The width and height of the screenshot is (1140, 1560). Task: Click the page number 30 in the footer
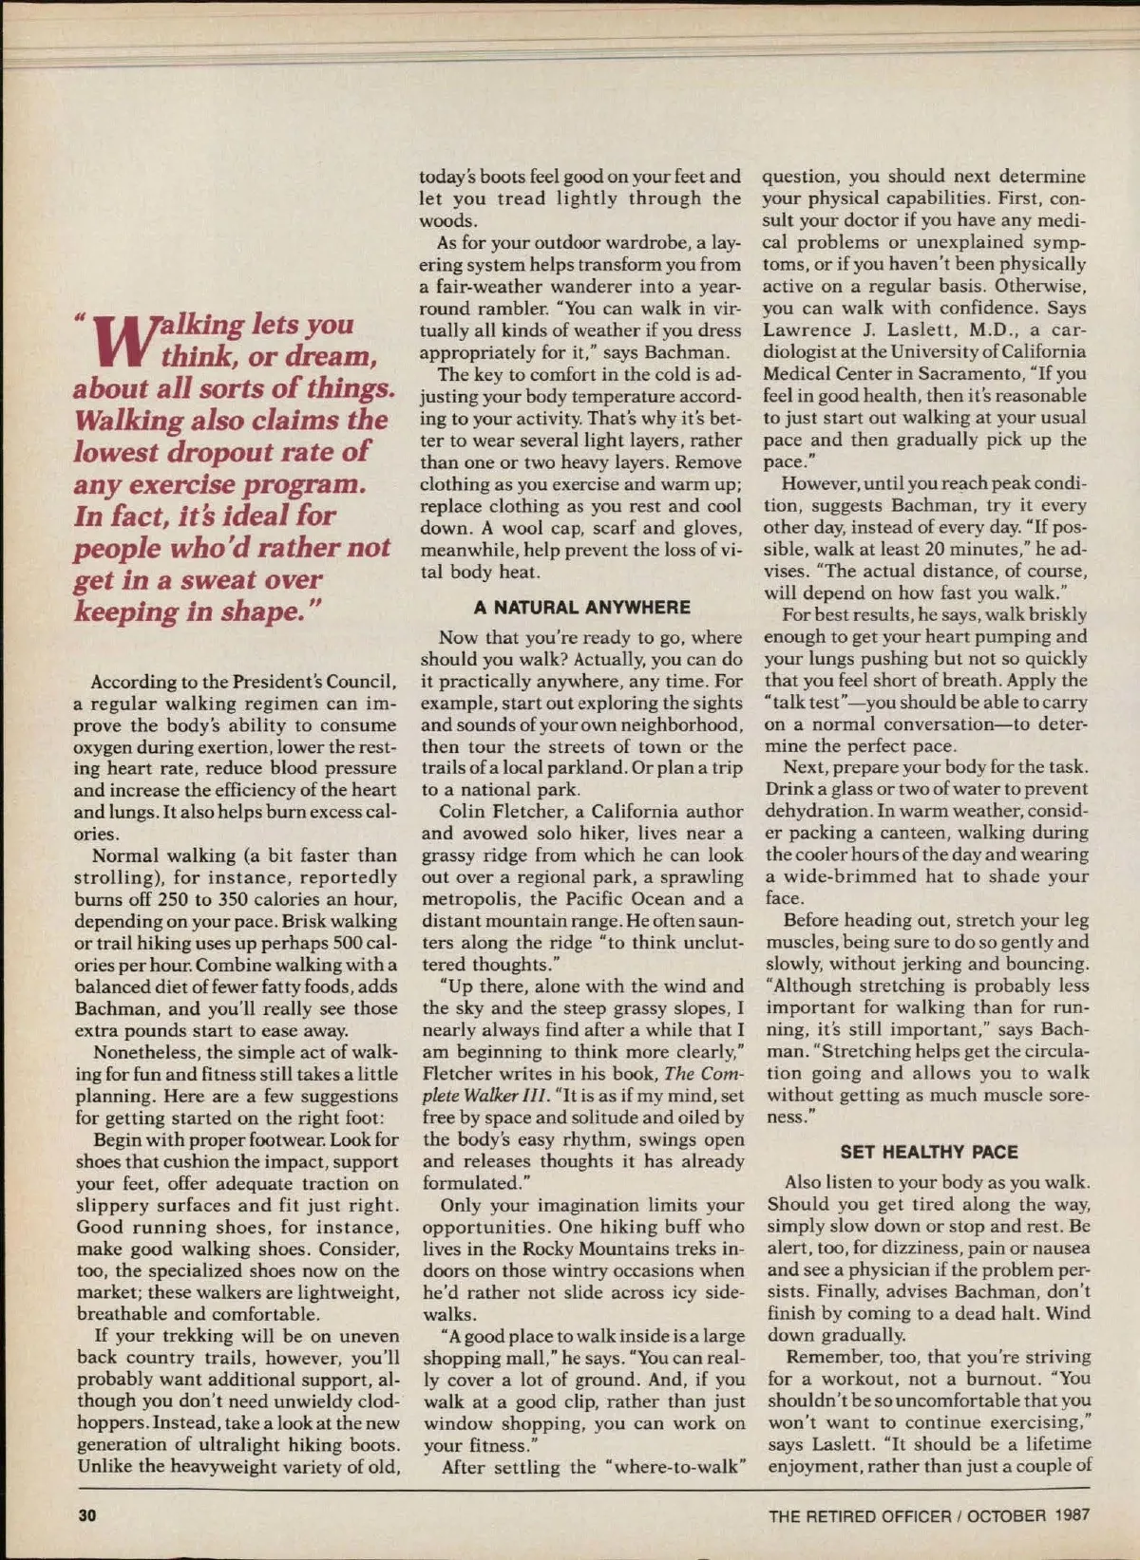point(86,1515)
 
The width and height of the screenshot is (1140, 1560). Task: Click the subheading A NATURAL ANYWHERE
point(582,608)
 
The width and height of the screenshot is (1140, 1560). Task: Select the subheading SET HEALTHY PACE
point(928,1152)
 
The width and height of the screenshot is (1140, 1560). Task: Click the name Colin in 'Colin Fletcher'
point(464,812)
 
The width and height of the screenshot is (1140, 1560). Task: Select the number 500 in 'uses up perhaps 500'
point(348,943)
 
